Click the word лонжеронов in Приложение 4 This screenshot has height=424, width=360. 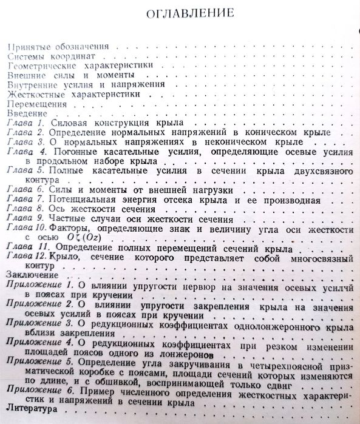pyautogui.click(x=188, y=353)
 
